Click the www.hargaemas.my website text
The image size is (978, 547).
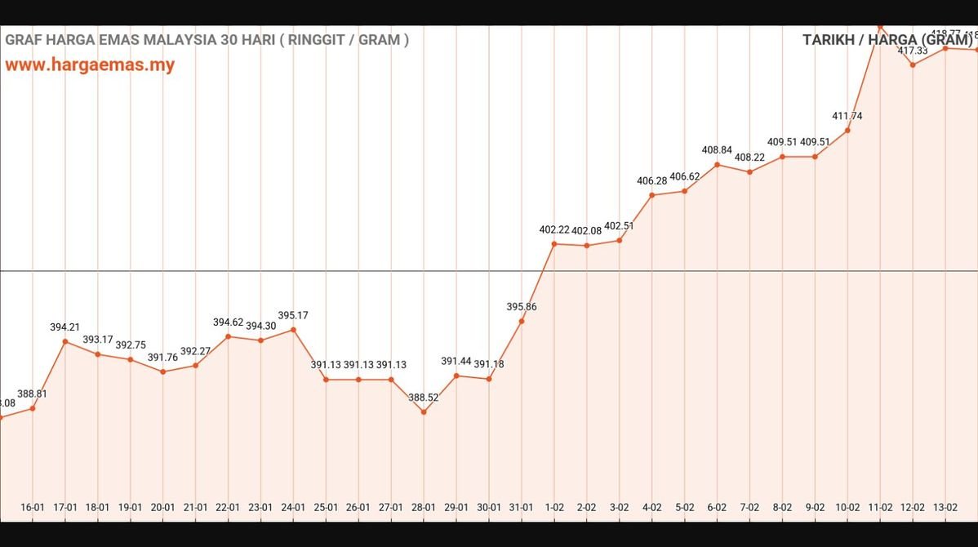pos(90,65)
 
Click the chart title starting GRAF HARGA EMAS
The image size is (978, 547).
pos(207,39)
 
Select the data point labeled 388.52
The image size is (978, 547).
pos(424,411)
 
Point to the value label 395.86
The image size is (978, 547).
pos(522,307)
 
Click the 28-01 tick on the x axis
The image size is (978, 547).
pos(424,507)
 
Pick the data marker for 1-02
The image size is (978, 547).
pos(554,243)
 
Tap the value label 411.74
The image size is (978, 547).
pos(847,116)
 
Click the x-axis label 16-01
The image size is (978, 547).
pos(33,507)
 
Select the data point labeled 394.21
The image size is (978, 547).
pos(65,341)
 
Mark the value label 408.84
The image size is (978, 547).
pos(717,150)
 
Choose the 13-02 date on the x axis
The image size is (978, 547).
pos(945,507)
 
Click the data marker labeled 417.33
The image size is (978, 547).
pos(913,64)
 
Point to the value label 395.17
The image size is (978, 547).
pos(293,315)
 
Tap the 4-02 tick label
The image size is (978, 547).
pos(652,507)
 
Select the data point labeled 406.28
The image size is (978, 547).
pos(652,195)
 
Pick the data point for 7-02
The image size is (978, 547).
pos(749,171)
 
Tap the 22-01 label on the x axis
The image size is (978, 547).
pos(228,507)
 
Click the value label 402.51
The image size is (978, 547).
pos(620,226)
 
